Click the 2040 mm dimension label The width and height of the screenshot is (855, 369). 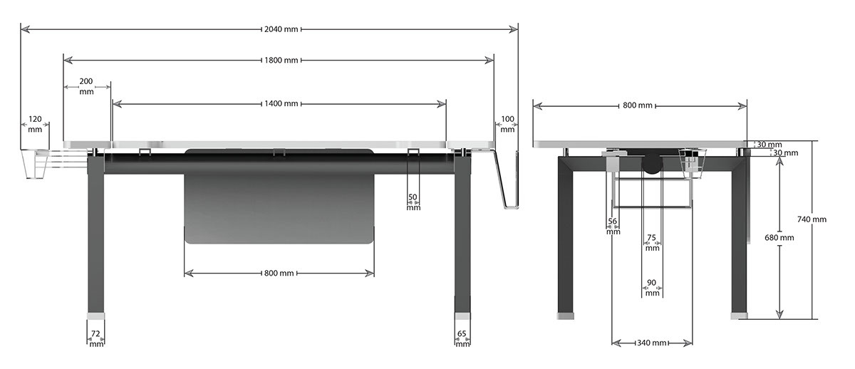pyautogui.click(x=281, y=29)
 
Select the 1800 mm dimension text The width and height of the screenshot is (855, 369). pyautogui.click(x=281, y=61)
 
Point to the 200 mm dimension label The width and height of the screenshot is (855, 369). pyautogui.click(x=86, y=87)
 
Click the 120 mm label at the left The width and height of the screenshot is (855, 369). pyautogui.click(x=35, y=124)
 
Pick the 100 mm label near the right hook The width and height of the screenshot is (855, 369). pyautogui.click(x=507, y=124)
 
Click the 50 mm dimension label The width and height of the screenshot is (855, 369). pyautogui.click(x=413, y=202)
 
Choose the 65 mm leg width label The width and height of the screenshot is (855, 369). pyautogui.click(x=462, y=338)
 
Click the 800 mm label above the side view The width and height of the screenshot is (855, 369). pyautogui.click(x=638, y=105)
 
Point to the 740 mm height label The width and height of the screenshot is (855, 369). pyautogui.click(x=812, y=219)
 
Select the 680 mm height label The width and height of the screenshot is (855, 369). pyautogui.click(x=779, y=237)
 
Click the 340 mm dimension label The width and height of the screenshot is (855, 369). pyautogui.click(x=652, y=343)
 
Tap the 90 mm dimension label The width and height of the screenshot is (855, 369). pyautogui.click(x=652, y=287)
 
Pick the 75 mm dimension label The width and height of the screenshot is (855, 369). pyautogui.click(x=652, y=243)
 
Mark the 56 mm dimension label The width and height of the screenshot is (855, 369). pyautogui.click(x=613, y=226)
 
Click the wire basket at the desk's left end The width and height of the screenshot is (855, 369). pyautogui.click(x=35, y=165)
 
